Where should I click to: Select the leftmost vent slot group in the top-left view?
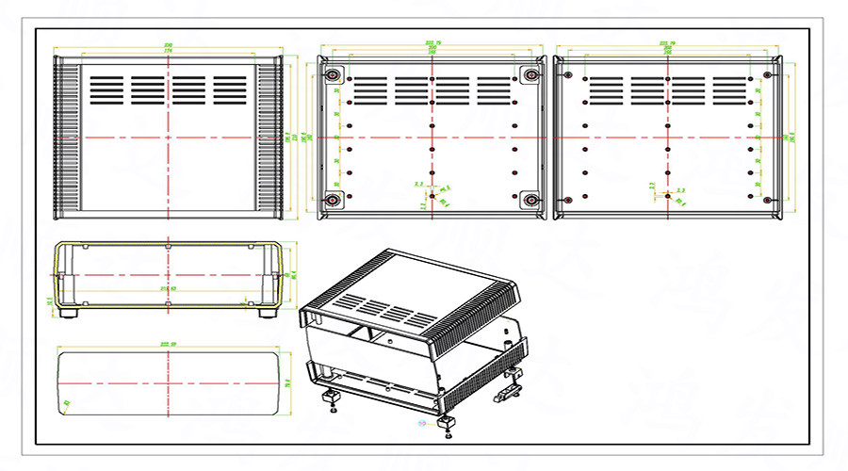point(106,89)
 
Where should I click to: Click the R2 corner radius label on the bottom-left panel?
point(67,403)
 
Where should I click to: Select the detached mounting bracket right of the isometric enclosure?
point(510,384)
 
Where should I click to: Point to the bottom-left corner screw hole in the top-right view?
point(568,201)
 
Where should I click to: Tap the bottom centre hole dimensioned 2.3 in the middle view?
point(432,195)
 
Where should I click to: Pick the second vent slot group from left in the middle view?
point(412,90)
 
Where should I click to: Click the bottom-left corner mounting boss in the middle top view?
point(333,201)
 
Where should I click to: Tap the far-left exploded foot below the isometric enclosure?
point(332,400)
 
